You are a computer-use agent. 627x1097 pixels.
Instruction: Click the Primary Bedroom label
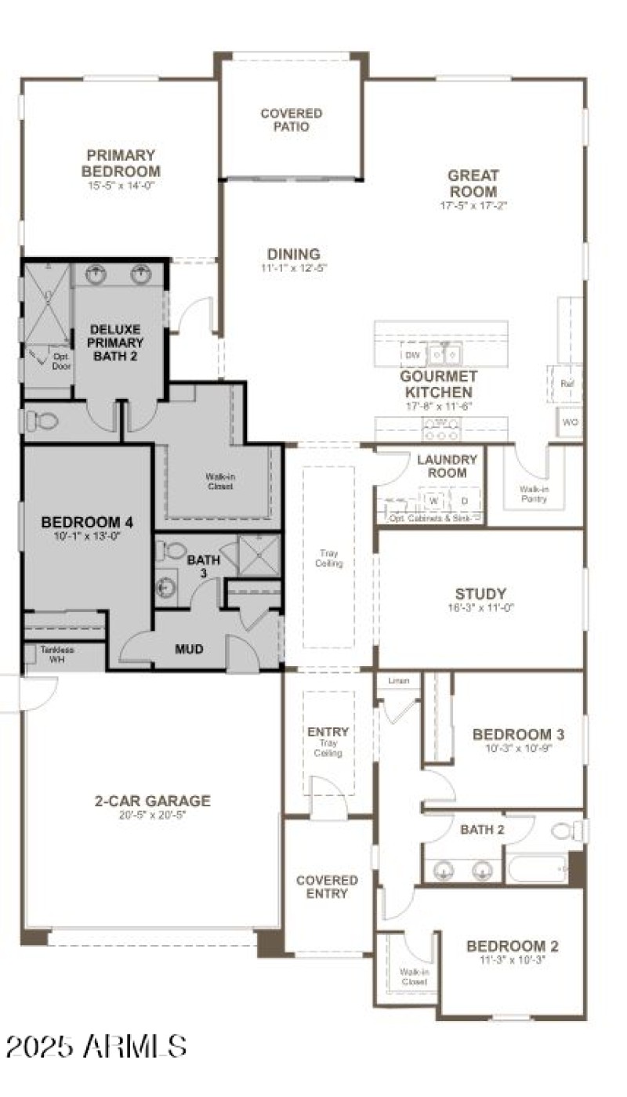coord(121,163)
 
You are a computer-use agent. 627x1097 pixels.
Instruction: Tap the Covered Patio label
coord(291,120)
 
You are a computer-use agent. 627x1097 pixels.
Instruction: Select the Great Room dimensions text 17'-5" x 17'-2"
coord(473,206)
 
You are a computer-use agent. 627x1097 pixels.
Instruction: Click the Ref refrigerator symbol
coord(567,383)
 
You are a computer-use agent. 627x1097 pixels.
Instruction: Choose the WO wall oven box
coord(570,422)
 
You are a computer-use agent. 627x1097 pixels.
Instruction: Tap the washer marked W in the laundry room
coord(432,501)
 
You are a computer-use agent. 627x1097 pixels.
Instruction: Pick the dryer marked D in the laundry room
coord(463,501)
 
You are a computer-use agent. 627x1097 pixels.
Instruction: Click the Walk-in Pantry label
coord(534,494)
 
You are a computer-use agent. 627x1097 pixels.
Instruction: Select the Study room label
coord(480,594)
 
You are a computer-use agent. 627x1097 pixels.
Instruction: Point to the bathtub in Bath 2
coord(537,868)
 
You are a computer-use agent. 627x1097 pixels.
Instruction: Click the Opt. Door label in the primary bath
coord(61,361)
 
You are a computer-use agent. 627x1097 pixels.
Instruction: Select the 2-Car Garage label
coord(152,801)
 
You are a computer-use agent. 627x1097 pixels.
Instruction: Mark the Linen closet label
coord(398,681)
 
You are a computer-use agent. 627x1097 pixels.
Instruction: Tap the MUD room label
coord(189,649)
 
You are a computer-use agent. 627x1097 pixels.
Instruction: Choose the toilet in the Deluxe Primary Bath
coord(43,421)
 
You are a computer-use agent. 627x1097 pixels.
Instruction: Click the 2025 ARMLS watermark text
coord(96,1045)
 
